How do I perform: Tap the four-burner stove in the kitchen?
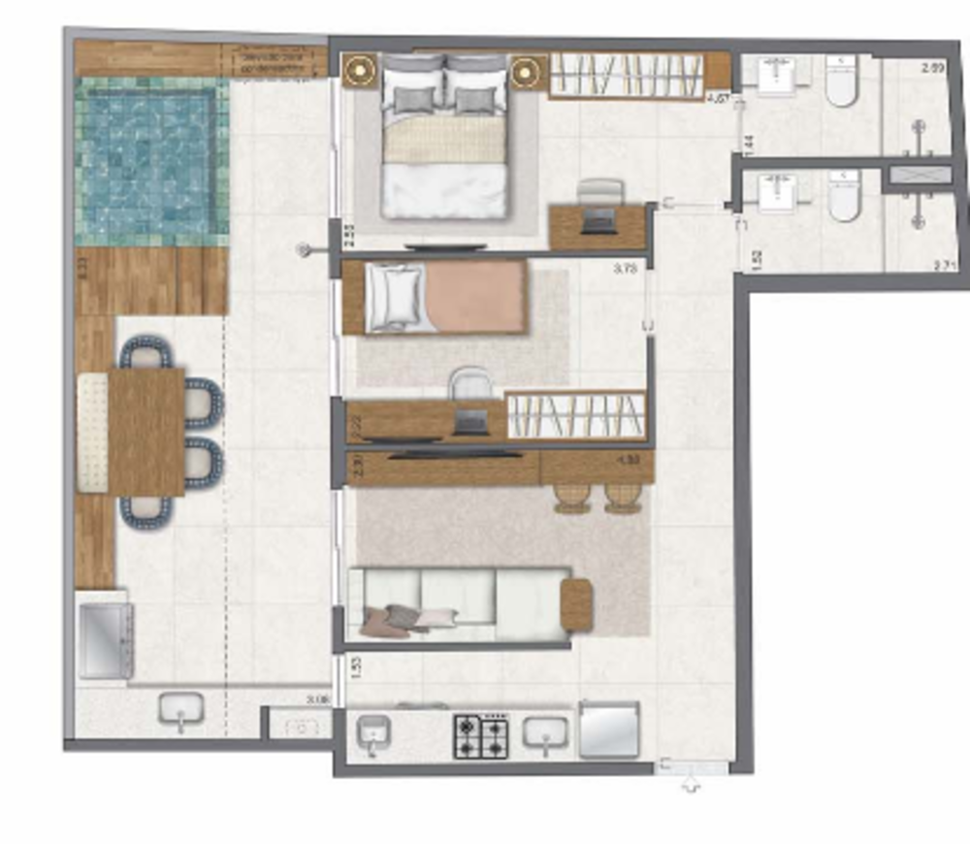[x=481, y=735]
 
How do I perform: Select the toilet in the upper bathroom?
[x=842, y=81]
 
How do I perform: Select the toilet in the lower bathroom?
[x=844, y=199]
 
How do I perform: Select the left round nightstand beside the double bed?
[x=360, y=70]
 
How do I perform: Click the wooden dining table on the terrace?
[x=145, y=432]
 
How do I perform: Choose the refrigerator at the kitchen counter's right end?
[x=608, y=730]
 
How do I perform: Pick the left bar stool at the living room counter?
[x=573, y=496]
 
